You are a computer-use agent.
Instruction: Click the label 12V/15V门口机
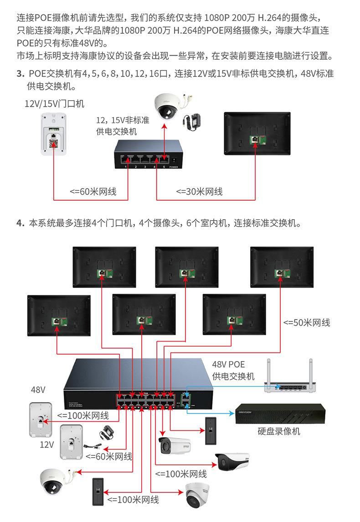point(54,103)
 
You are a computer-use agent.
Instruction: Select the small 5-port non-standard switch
point(147,155)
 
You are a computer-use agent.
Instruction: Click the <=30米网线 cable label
point(199,191)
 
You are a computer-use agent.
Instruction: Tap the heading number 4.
point(20,223)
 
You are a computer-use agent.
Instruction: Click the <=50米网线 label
point(307,322)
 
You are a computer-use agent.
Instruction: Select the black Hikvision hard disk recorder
point(281,414)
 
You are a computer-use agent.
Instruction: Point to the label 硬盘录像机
point(279,431)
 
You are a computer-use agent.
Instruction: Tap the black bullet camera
point(232,461)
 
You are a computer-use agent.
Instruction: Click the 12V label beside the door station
point(47,444)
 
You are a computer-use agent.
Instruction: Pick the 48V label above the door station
point(38,390)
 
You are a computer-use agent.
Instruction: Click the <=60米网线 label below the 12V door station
point(109,456)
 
